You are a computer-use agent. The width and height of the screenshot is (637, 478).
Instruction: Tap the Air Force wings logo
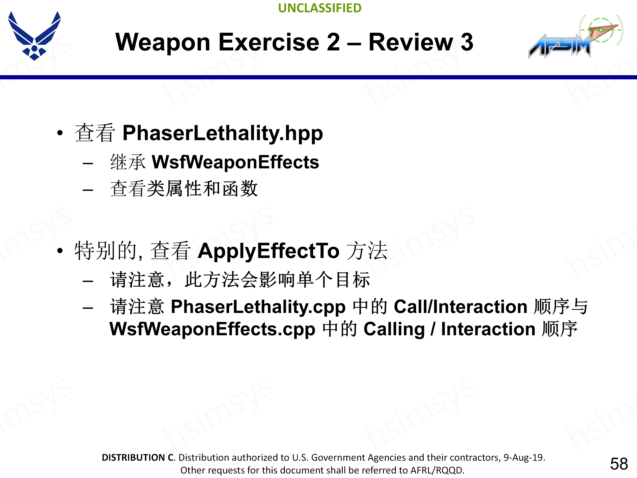[x=34, y=35]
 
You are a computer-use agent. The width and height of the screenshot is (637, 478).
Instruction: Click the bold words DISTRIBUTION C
[x=138, y=458]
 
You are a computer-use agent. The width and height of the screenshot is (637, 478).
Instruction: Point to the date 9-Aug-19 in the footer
[x=524, y=458]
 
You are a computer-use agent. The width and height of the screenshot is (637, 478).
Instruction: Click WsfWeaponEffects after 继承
[x=235, y=162]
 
